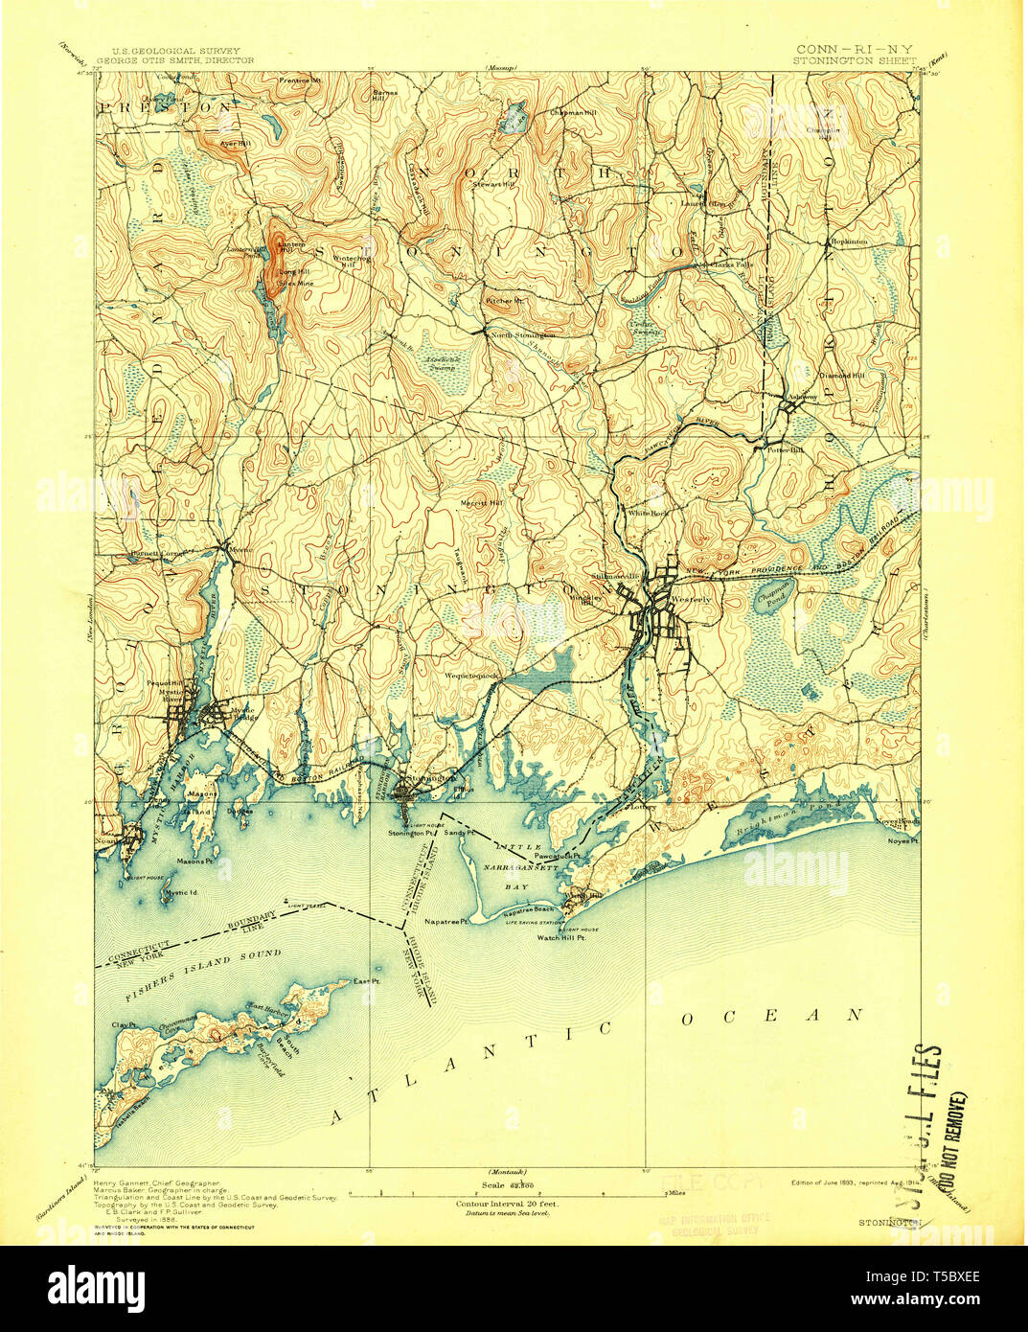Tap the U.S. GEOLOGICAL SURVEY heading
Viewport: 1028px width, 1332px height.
tap(175, 51)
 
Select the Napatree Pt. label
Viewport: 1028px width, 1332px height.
tap(446, 921)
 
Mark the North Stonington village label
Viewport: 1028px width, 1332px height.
tap(522, 335)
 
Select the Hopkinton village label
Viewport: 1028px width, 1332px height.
tap(849, 241)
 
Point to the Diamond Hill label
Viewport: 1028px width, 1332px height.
tap(843, 376)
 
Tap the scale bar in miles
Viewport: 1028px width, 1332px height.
tap(507, 1192)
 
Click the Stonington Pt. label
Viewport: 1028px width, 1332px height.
tap(411, 834)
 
